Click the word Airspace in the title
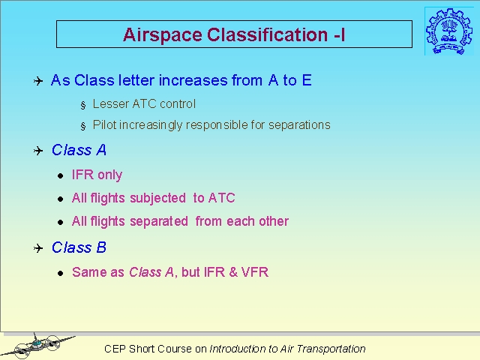[162, 35]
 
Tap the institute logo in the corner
[448, 31]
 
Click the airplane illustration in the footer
[37, 345]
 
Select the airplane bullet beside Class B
[38, 248]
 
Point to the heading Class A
[79, 150]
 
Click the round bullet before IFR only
[60, 175]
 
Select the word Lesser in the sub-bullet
[111, 104]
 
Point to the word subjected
[157, 198]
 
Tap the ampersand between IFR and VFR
[233, 272]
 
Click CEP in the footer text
[115, 349]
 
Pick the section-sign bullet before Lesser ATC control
[83, 105]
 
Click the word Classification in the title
[268, 34]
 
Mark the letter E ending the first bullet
[307, 80]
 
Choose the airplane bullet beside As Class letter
[38, 81]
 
